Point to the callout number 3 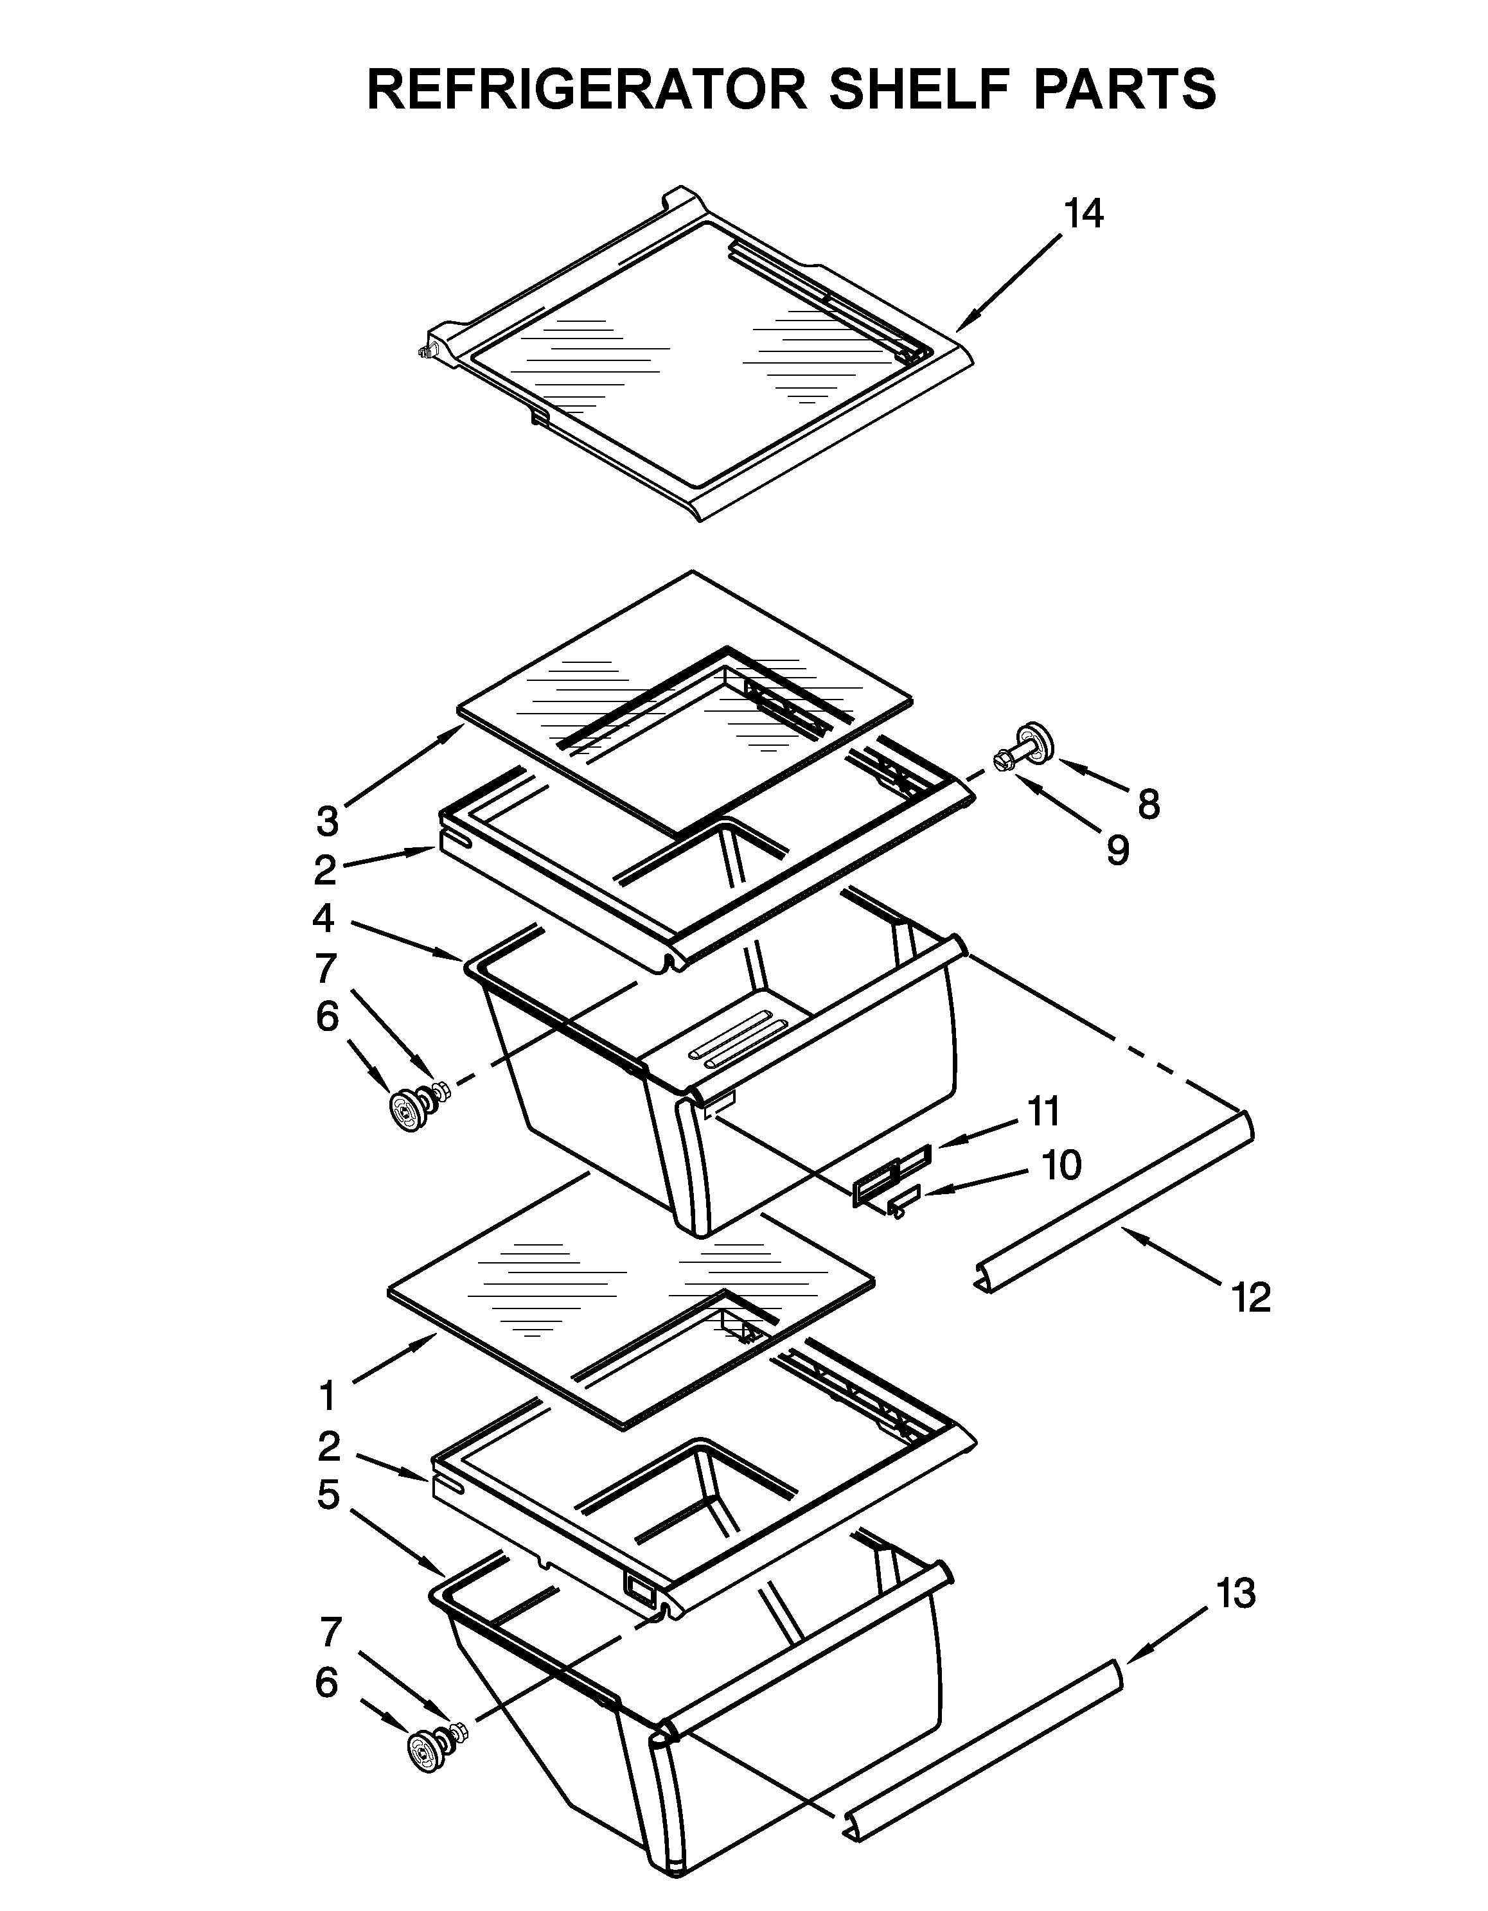click(x=326, y=822)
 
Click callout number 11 click(x=1043, y=1111)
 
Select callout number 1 click(x=326, y=1396)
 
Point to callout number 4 click(x=323, y=918)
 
